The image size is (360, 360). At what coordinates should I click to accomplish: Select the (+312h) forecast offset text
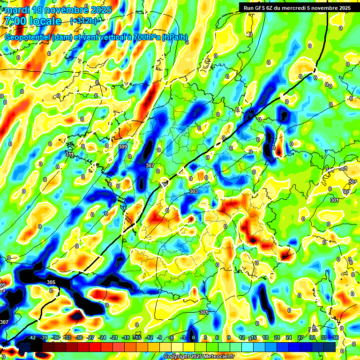pyautogui.click(x=83, y=21)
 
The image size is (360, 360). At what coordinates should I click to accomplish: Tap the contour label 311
pyautogui.click(x=70, y=154)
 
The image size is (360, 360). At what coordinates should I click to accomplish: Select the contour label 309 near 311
pyautogui.click(x=123, y=147)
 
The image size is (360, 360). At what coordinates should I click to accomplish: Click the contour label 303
pyautogui.click(x=194, y=191)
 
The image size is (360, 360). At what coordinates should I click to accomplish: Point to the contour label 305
pyautogui.click(x=51, y=282)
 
